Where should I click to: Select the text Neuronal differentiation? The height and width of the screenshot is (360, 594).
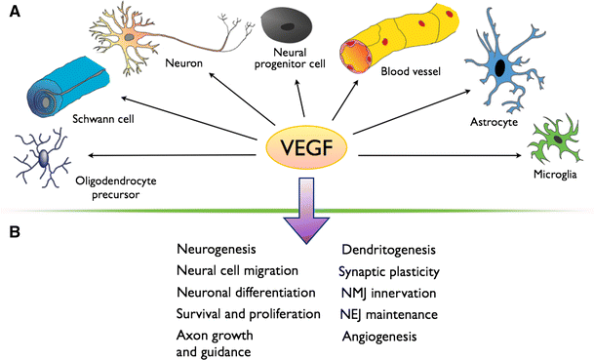pos(246,293)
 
